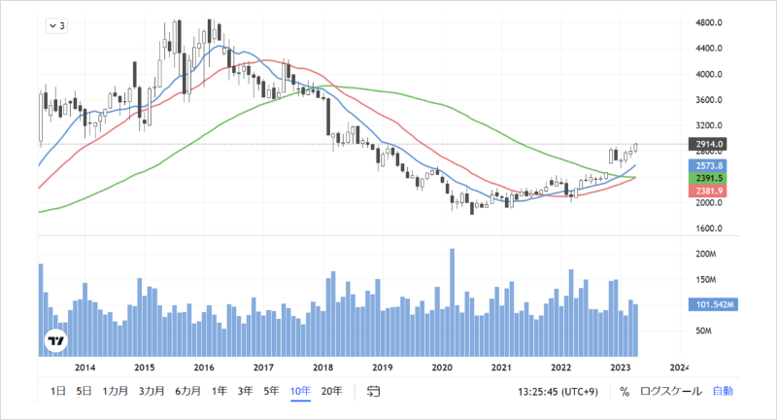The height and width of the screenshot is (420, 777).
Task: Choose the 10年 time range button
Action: point(300,391)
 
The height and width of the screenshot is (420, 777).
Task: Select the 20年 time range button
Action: point(331,391)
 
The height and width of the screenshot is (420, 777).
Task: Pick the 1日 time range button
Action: point(57,391)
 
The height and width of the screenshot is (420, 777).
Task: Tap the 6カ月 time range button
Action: point(187,391)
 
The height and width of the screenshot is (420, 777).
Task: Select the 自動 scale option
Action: point(723,391)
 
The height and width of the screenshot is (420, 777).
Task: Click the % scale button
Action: point(625,391)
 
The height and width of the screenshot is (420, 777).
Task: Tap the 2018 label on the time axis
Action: point(323,367)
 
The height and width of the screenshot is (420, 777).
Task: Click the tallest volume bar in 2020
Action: point(453,301)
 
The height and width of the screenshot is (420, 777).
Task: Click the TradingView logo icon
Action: point(56,341)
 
